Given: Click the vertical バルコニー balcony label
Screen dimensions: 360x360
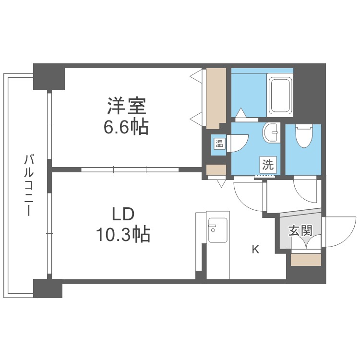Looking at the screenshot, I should click(x=28, y=185).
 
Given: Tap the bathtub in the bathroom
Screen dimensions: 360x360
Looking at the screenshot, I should click(x=280, y=95).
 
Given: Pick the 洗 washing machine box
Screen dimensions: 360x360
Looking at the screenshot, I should click(x=268, y=165).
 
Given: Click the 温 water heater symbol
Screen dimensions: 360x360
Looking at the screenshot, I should click(x=219, y=144).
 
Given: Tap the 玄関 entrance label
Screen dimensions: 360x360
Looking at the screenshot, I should click(x=300, y=231).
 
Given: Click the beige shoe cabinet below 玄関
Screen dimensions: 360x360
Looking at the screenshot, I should click(x=306, y=260).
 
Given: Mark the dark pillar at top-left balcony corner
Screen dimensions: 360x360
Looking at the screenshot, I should click(x=48, y=76).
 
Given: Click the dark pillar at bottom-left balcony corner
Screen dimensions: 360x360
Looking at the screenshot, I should click(x=48, y=288).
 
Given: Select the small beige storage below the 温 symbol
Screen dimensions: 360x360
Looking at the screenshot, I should click(x=216, y=170).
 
